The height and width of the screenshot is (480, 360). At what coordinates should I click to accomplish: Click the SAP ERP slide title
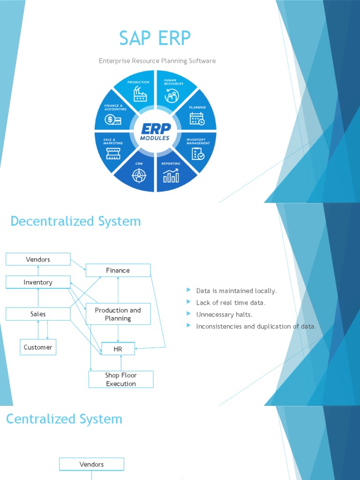(155, 38)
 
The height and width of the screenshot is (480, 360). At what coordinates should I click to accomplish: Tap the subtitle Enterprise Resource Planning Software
(157, 61)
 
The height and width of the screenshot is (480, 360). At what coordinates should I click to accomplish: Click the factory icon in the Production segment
(140, 95)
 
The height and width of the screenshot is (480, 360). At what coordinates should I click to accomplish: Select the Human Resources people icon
(172, 96)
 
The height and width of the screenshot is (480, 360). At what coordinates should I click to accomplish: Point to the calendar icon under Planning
(197, 119)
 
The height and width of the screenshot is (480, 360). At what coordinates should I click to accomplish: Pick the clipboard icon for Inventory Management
(198, 153)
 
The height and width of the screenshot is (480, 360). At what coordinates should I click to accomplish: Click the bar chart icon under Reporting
(171, 175)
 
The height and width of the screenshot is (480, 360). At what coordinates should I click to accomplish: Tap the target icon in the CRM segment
(138, 175)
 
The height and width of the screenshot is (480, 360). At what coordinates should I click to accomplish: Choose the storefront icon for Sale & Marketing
(113, 153)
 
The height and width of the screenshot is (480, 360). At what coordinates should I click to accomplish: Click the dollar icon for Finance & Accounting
(113, 120)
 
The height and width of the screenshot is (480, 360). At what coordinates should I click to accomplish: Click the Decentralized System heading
(75, 221)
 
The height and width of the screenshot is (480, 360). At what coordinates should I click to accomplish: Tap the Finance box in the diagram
(118, 270)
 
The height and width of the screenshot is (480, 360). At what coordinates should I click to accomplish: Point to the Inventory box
(38, 282)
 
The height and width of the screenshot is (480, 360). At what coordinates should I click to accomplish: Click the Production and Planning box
(118, 314)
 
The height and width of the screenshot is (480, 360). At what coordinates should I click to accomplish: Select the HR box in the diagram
(118, 349)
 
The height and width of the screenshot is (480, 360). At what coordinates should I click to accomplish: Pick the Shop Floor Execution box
(121, 379)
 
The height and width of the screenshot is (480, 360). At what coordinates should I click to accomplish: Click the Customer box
(38, 347)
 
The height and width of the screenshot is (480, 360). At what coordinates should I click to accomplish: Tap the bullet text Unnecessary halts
(224, 315)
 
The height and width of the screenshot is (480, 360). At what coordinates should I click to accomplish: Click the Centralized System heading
(64, 419)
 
